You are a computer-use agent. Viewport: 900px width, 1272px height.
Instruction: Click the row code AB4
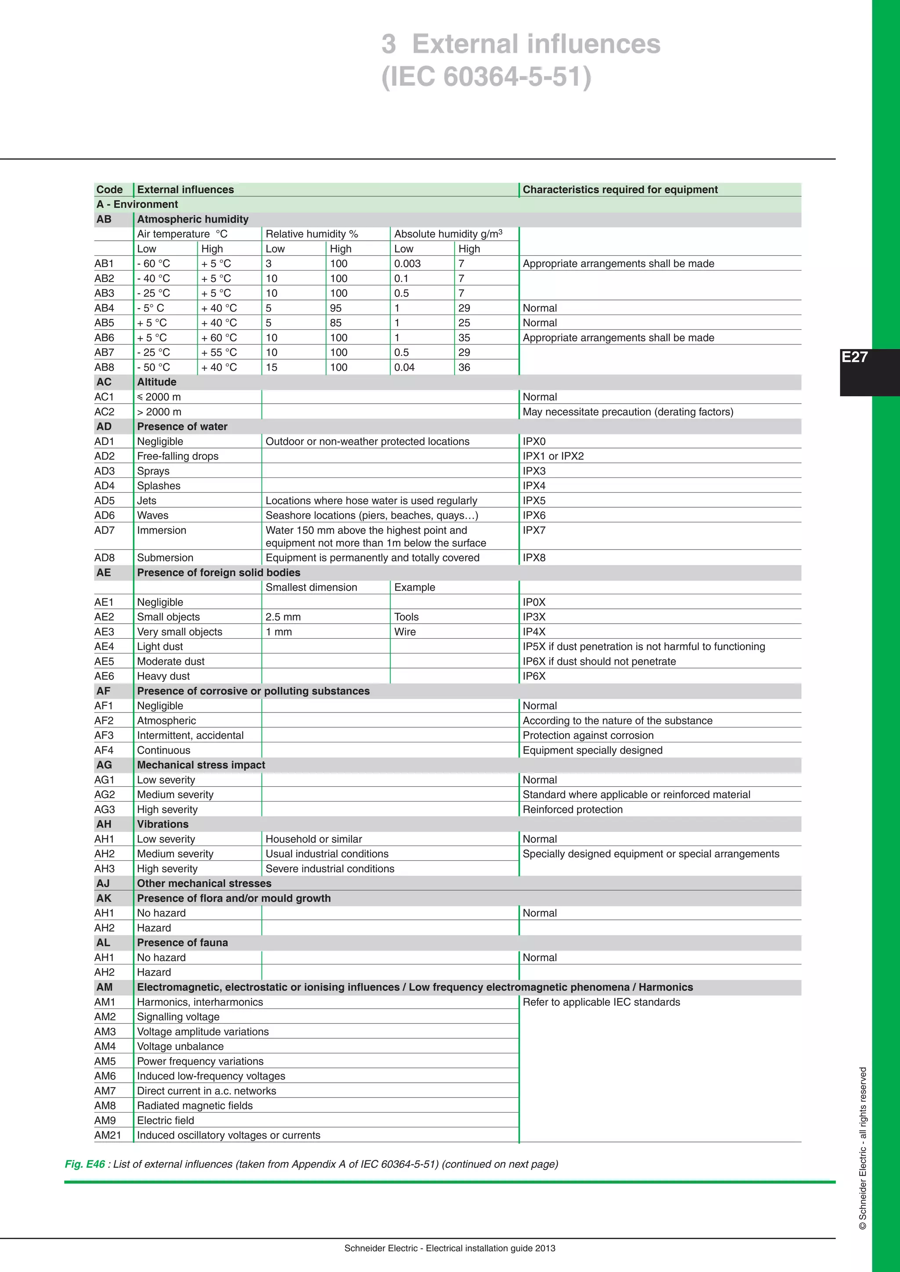[x=104, y=308]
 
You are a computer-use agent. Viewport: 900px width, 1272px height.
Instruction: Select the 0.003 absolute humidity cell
[x=407, y=264]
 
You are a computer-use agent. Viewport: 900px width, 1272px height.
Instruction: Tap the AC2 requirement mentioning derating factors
[x=628, y=412]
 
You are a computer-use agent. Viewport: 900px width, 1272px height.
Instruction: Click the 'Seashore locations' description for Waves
[x=371, y=515]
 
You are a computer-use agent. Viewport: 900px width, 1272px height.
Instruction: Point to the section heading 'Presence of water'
[x=182, y=426]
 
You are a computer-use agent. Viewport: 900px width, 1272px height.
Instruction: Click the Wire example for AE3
[x=405, y=632]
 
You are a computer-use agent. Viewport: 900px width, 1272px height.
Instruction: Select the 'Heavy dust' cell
[x=163, y=676]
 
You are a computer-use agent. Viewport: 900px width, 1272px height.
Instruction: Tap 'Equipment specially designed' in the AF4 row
[x=592, y=750]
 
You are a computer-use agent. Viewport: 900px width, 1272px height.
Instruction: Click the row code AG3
[x=104, y=809]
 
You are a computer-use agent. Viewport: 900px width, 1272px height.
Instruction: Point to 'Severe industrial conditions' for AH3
[x=330, y=869]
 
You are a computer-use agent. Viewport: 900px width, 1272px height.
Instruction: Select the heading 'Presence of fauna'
[x=182, y=943]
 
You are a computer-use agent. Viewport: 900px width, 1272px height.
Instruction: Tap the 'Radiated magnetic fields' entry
[x=195, y=1105]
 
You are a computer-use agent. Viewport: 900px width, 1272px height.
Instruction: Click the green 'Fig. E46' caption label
[x=85, y=1164]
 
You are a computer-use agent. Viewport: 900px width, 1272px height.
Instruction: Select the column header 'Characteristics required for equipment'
[x=620, y=189]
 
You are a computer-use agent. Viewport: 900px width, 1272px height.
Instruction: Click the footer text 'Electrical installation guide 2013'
[x=490, y=1248]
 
